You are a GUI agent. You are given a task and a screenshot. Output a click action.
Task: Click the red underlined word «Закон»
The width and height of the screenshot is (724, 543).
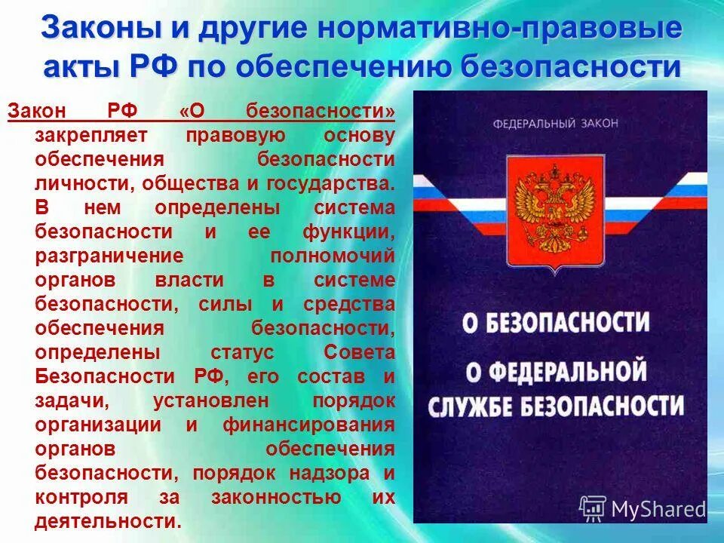(37, 112)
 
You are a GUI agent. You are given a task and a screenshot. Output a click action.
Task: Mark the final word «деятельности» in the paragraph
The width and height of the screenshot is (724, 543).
(106, 521)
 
